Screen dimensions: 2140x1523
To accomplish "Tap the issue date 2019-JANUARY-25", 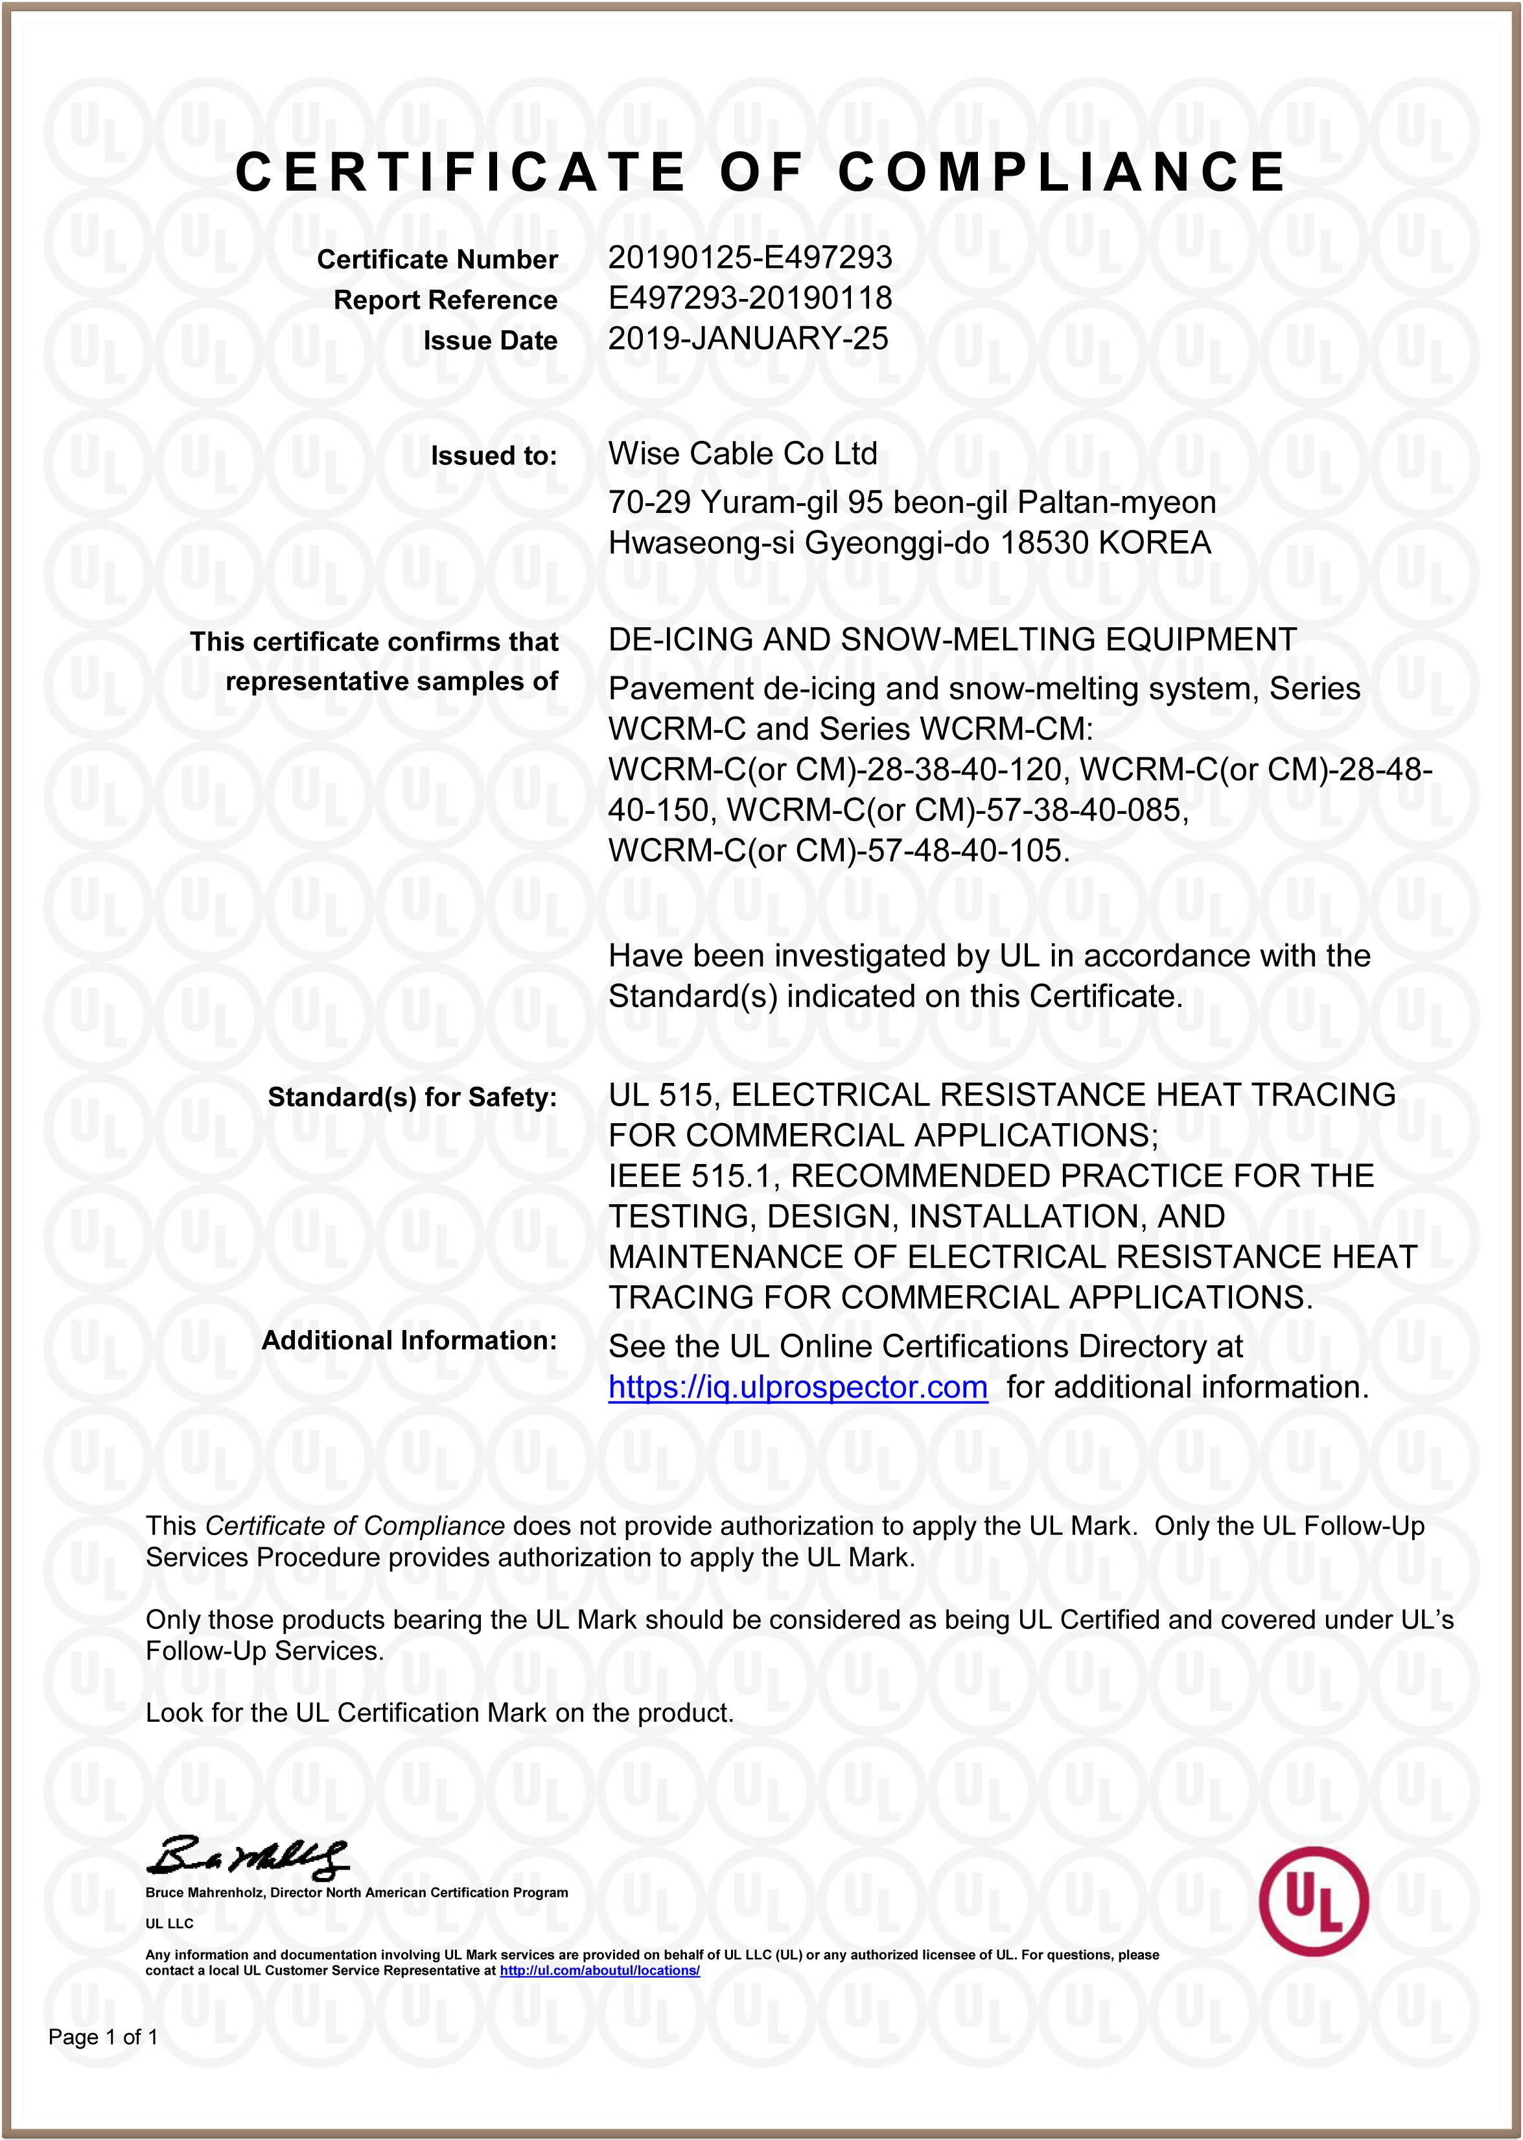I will [x=747, y=339].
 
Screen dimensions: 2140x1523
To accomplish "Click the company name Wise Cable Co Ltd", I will [x=742, y=454].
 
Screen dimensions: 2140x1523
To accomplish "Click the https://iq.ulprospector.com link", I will [x=797, y=1386].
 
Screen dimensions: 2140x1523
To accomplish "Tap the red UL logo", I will [x=1313, y=1901].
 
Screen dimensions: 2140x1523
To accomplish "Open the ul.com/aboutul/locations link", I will [x=599, y=1970].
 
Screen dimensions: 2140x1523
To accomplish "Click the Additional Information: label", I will [x=409, y=1340].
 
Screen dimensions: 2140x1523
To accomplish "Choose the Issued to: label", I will [x=493, y=456].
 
